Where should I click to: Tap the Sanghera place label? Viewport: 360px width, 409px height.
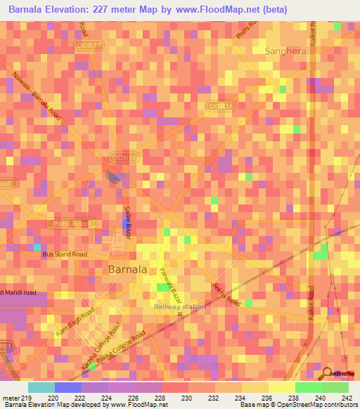click(x=285, y=51)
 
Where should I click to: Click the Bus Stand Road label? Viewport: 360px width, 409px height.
click(x=64, y=254)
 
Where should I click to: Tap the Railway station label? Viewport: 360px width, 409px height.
click(x=180, y=306)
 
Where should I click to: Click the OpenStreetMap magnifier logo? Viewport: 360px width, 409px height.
click(x=326, y=373)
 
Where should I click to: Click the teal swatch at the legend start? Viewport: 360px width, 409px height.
click(x=41, y=387)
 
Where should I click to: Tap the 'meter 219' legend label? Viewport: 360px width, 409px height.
click(x=18, y=398)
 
